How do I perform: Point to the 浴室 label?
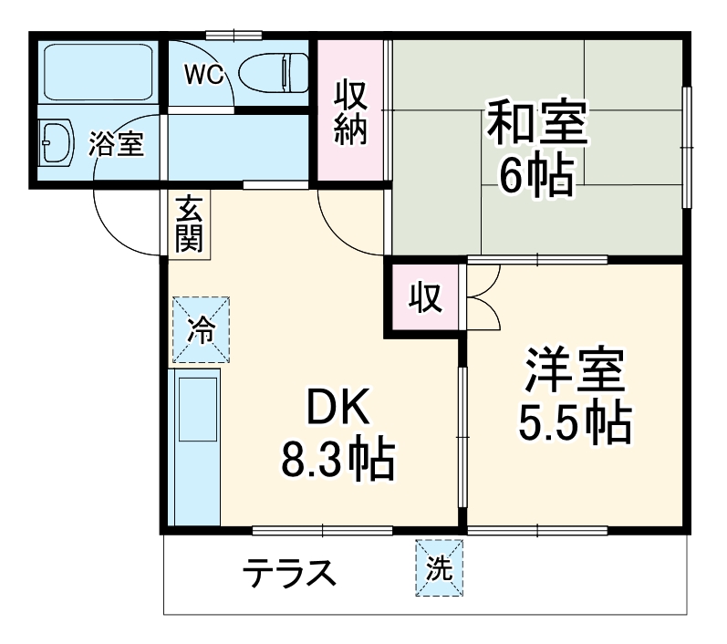(x=116, y=144)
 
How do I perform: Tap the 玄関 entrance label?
(x=189, y=223)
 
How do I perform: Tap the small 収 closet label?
(x=424, y=297)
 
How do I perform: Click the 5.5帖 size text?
(x=574, y=421)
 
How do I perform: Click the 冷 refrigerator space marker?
(x=201, y=329)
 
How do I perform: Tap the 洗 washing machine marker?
(x=440, y=568)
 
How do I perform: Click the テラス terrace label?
(x=288, y=574)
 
